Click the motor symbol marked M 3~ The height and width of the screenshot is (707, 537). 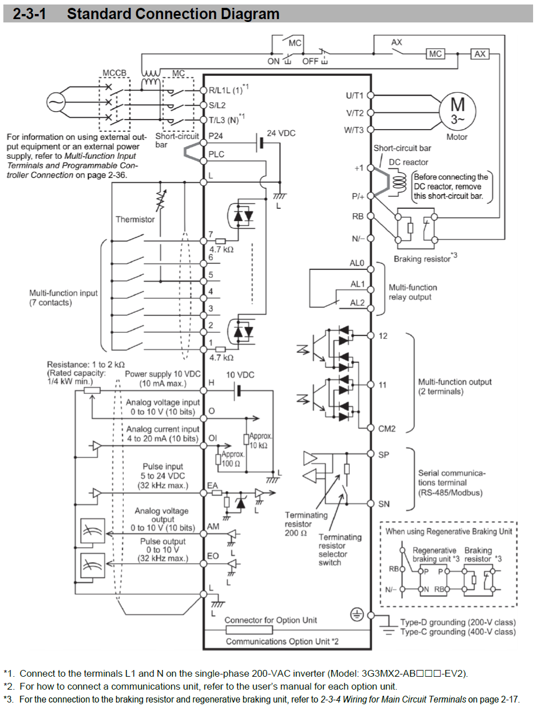pos(457,111)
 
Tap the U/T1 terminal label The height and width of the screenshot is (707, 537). pos(354,95)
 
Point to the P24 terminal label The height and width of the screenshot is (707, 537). pos(216,136)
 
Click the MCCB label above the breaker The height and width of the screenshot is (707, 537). pos(114,73)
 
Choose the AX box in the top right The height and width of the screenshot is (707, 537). pos(480,54)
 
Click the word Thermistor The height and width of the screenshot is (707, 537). pos(135,219)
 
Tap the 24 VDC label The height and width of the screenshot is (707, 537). pos(281,133)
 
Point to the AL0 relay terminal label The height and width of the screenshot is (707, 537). pos(357,263)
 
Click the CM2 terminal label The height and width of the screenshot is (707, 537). pos(387,429)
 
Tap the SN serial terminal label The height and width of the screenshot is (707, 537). pos(383,504)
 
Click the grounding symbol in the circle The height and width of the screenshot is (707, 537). pos(357,614)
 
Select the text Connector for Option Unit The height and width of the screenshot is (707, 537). pos(271,620)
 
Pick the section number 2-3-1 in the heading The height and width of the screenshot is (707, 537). pos(29,13)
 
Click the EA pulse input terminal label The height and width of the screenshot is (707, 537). pos(212,485)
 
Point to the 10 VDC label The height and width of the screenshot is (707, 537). pos(240,375)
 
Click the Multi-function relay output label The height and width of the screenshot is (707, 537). pos(413,292)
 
